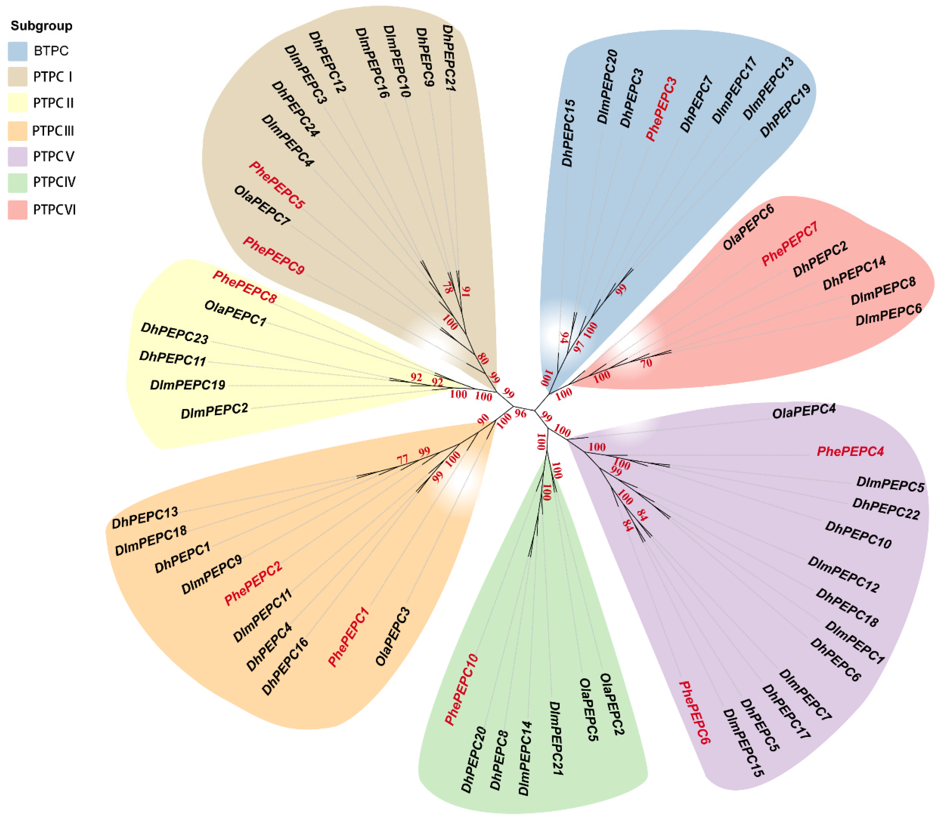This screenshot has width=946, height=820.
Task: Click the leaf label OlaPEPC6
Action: pyautogui.click(x=748, y=227)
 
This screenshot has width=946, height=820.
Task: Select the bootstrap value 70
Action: pyautogui.click(x=646, y=363)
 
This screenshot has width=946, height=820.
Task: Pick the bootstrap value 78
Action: pyautogui.click(x=447, y=287)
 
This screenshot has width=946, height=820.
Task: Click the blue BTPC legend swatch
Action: pyautogui.click(x=17, y=51)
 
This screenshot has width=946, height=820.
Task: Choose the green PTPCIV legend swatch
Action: pyautogui.click(x=17, y=182)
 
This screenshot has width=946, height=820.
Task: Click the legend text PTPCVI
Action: pyautogui.click(x=54, y=210)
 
